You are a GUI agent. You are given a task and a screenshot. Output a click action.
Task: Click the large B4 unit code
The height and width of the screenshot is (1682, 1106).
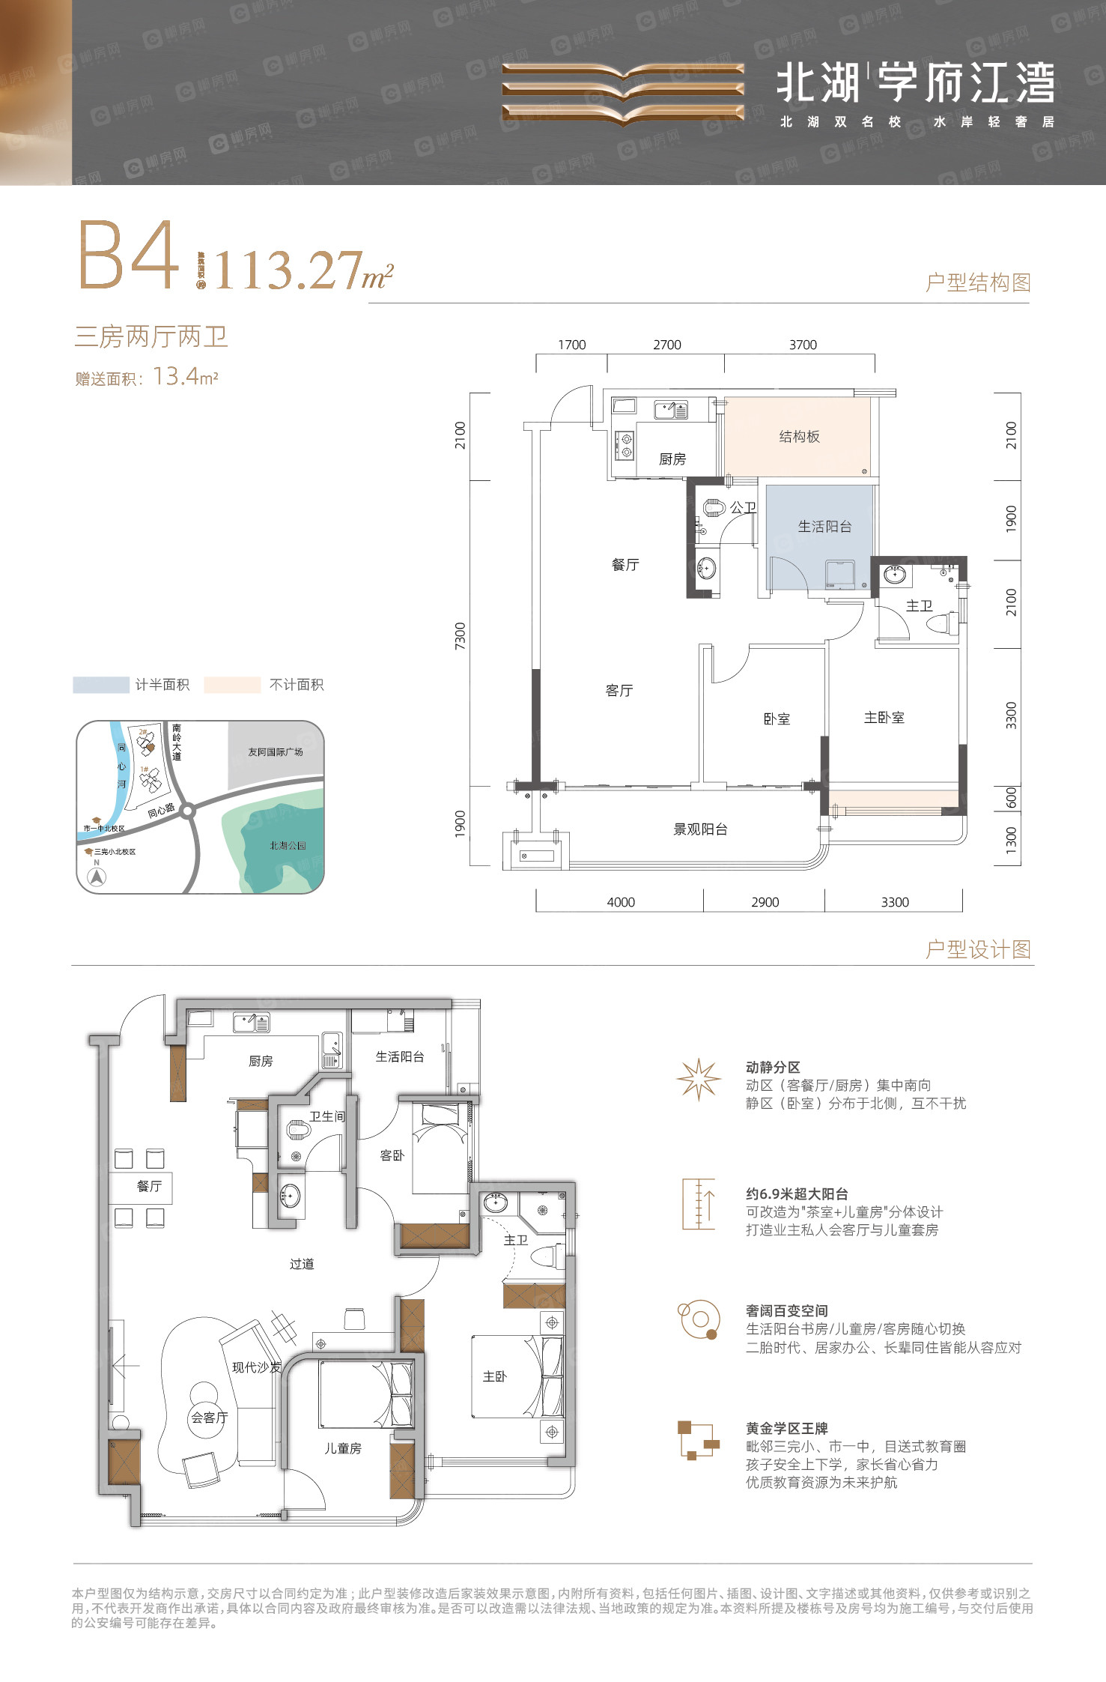click(x=129, y=256)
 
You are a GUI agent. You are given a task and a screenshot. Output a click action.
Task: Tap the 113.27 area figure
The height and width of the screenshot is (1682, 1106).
click(x=288, y=270)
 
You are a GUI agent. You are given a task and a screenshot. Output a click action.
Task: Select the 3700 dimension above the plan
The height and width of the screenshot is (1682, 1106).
click(x=803, y=345)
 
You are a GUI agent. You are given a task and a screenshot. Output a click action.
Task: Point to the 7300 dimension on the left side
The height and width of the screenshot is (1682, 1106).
click(x=460, y=635)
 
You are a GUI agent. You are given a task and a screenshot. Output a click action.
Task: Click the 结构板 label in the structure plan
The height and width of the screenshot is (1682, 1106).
click(x=799, y=437)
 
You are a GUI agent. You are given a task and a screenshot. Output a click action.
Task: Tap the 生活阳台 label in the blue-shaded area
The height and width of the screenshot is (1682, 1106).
click(x=824, y=527)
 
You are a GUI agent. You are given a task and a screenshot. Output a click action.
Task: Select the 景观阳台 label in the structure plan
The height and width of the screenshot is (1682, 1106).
click(x=700, y=829)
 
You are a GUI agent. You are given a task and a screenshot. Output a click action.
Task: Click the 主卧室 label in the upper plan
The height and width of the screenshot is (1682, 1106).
click(x=884, y=718)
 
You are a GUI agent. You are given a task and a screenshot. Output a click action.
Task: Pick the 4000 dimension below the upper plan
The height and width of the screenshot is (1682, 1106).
click(x=621, y=902)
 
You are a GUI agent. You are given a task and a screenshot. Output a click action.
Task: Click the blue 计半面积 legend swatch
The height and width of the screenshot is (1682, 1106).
click(x=101, y=685)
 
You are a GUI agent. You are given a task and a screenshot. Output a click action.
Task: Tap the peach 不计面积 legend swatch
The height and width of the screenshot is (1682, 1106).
click(x=232, y=685)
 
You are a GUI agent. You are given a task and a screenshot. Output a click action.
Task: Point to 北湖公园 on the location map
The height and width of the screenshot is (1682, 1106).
click(x=288, y=845)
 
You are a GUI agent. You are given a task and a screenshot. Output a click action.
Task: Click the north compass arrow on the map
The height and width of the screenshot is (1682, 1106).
click(x=97, y=877)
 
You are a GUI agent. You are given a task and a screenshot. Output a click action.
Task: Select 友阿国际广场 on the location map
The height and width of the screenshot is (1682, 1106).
click(x=276, y=751)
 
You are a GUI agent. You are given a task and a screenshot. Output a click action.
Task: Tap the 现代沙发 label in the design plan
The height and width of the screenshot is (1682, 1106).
click(x=256, y=1367)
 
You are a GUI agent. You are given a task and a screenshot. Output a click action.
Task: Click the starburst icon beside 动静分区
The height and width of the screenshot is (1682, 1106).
click(x=698, y=1079)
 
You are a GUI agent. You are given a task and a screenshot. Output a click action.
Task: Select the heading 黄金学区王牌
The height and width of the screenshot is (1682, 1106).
click(x=786, y=1428)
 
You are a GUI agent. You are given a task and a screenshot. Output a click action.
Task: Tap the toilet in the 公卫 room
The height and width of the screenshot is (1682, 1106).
click(x=715, y=509)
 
